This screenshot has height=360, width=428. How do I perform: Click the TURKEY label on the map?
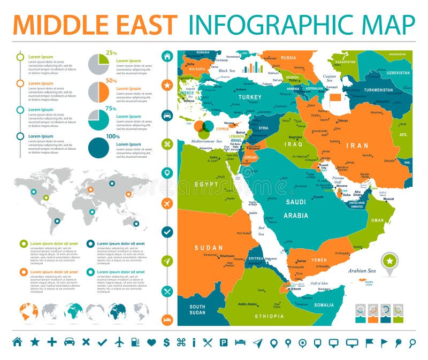250,97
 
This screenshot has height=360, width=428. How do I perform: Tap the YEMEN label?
319,261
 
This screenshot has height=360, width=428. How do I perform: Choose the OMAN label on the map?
378,220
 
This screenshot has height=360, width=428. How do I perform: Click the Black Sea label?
227,71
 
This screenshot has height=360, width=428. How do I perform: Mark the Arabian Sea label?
362,271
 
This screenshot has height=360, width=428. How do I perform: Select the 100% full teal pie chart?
98,148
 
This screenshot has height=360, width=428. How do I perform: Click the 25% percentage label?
111,53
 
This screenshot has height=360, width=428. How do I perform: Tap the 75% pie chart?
98,120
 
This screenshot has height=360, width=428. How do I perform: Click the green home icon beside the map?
167,57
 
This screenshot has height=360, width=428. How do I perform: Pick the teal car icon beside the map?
167,115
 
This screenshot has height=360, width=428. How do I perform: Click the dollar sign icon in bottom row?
166,342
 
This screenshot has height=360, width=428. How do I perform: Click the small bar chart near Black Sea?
253,67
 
